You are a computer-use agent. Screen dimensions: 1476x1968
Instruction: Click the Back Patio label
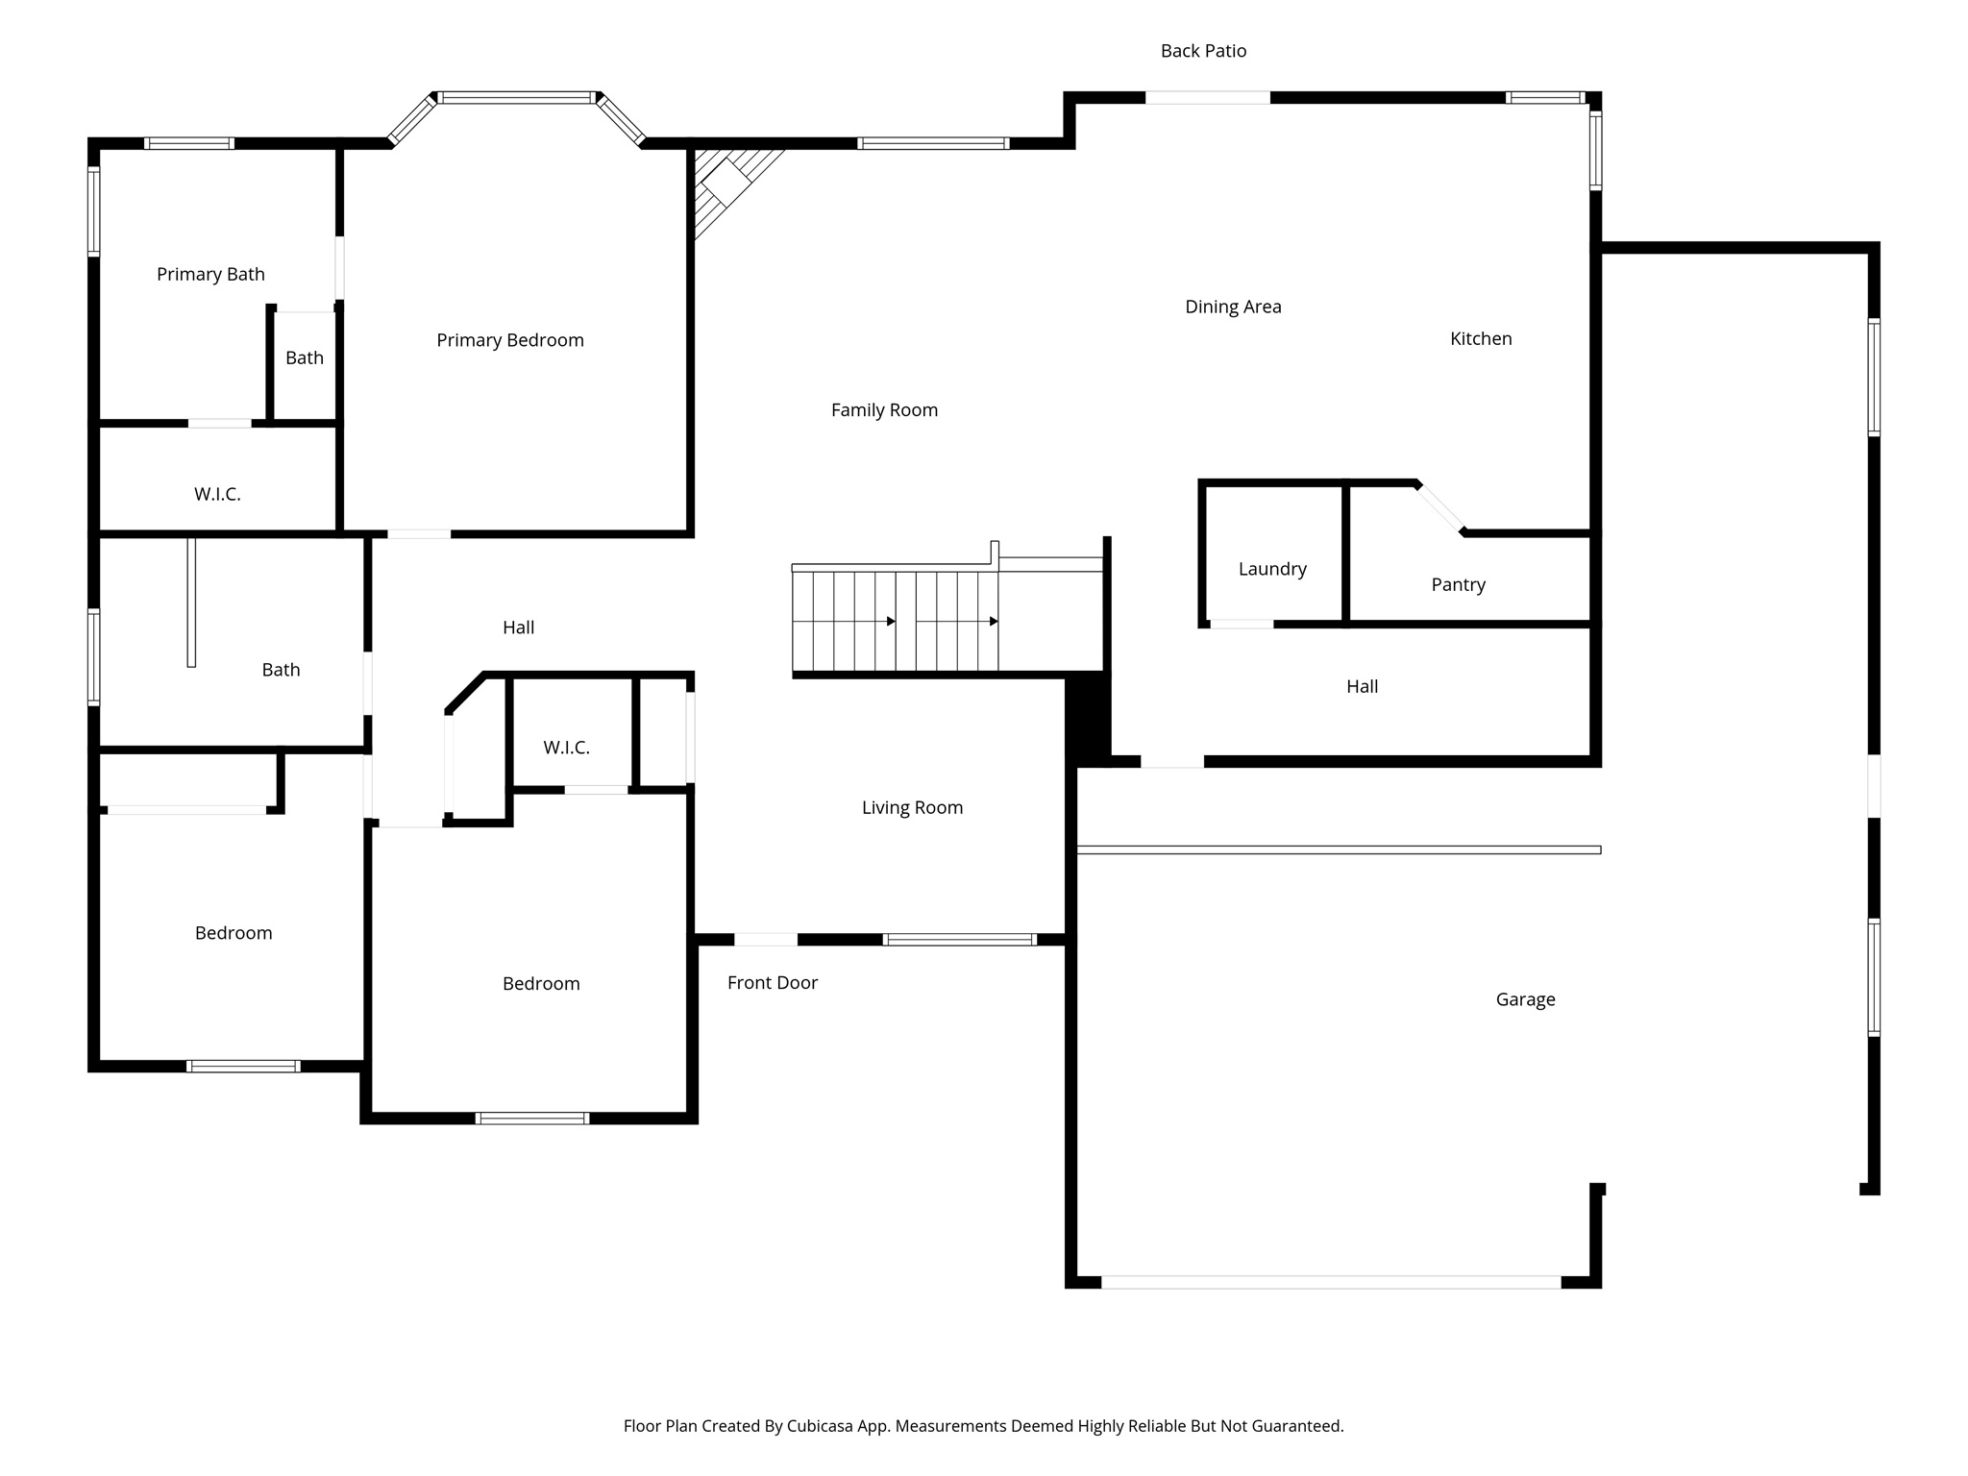pos(1203,51)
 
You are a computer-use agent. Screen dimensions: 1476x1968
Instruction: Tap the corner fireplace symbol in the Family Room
pos(727,184)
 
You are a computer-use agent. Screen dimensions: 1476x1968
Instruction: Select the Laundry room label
pos(1272,569)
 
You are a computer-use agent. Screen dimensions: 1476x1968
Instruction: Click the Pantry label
pos(1458,584)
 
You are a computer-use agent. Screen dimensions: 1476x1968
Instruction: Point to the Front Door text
pos(772,982)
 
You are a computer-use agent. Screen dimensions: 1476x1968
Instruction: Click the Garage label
pos(1525,999)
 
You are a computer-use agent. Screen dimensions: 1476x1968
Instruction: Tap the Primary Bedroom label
pos(509,340)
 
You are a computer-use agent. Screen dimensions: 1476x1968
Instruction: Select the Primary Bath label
pos(210,274)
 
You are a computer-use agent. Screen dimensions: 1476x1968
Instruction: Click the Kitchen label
pos(1480,338)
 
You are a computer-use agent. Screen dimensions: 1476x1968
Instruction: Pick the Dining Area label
pos(1233,307)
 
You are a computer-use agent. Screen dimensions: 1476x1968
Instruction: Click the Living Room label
pos(912,807)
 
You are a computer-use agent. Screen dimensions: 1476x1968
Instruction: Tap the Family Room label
pos(884,410)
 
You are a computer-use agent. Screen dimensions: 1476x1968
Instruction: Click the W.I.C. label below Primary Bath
pos(217,494)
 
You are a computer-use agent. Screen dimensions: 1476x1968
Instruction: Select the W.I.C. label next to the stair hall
pos(566,748)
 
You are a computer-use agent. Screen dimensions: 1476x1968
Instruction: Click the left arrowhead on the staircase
pos(891,622)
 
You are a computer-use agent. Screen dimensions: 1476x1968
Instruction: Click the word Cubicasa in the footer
pos(822,1426)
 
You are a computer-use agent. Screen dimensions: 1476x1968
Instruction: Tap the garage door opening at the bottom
pos(1331,1282)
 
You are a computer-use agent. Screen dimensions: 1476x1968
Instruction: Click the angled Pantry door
pos(1440,508)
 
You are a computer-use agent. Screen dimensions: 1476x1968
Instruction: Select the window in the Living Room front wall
pos(959,940)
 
